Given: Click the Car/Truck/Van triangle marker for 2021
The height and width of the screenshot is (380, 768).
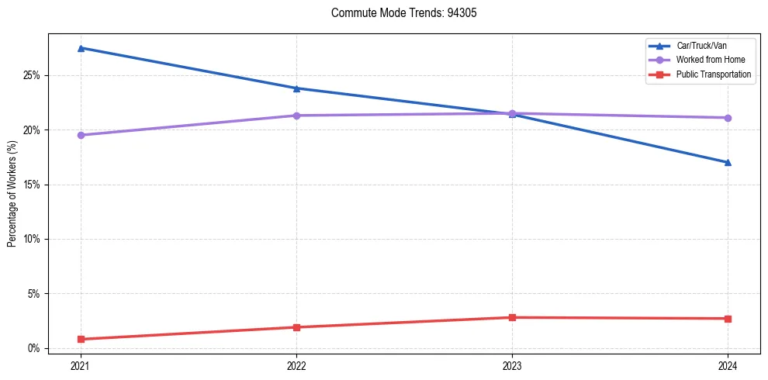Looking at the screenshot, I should [x=81, y=48].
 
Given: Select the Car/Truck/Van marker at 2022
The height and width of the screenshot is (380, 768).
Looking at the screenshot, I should [x=296, y=88].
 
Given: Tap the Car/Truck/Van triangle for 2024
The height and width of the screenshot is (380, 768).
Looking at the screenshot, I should [x=728, y=163].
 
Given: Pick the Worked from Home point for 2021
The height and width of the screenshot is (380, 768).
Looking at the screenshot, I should [x=81, y=135].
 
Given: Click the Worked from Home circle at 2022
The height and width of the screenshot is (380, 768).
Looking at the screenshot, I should [x=296, y=116].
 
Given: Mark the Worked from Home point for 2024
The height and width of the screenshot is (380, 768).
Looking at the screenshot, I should [x=728, y=118].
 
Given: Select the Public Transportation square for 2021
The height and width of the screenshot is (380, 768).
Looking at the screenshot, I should [x=81, y=339].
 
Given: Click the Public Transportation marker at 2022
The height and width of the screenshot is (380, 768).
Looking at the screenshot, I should [x=296, y=327].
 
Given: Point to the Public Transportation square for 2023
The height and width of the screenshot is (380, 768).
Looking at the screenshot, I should [x=512, y=317].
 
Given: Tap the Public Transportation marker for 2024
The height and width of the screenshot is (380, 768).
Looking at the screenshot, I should [x=728, y=319].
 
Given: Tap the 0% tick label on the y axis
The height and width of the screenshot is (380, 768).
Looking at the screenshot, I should [x=33, y=349].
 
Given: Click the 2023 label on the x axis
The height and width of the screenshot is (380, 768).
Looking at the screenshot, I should [x=512, y=365].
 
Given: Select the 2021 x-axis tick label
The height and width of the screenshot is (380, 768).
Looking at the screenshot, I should [x=81, y=365].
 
